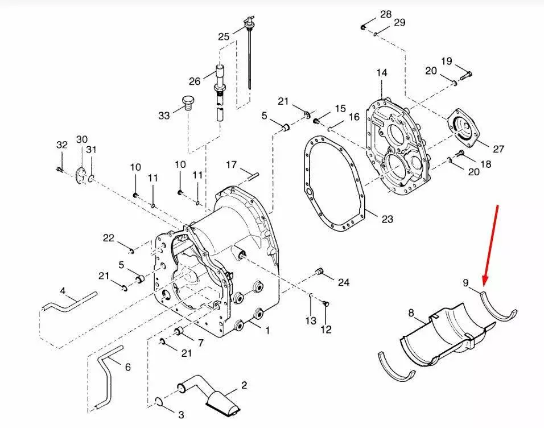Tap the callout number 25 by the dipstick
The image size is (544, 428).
(x=224, y=36)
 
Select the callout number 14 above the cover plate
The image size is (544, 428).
(x=382, y=73)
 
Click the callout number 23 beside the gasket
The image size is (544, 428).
(x=387, y=219)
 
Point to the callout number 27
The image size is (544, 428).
(x=498, y=149)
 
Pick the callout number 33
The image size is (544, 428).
(x=164, y=115)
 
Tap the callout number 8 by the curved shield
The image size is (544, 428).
(x=411, y=313)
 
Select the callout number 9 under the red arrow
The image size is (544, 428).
(x=465, y=283)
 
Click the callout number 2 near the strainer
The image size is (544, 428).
(x=244, y=385)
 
